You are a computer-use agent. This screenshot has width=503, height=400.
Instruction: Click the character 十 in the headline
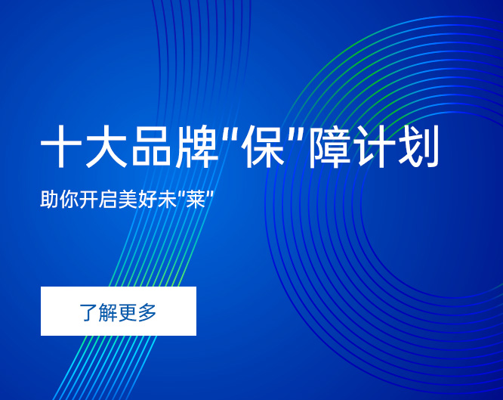61,147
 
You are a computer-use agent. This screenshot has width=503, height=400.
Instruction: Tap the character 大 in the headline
106,147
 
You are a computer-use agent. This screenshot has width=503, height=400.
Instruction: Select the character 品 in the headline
152,147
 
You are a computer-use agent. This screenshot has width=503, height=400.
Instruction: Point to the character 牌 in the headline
197,147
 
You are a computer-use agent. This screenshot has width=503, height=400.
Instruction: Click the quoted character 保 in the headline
264,147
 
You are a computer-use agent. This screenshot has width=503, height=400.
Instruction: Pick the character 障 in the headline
330,147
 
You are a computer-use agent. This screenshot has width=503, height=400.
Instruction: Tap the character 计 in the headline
374,147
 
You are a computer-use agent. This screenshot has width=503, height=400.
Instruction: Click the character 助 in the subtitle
49,199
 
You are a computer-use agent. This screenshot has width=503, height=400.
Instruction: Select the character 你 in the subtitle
69,199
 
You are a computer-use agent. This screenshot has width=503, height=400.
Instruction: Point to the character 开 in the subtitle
88,199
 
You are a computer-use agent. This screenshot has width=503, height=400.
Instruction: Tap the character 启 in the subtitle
108,199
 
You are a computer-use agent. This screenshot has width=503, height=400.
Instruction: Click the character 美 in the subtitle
128,199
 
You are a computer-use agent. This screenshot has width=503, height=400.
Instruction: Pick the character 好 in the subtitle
147,199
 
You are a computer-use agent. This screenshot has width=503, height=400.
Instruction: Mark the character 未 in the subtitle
167,199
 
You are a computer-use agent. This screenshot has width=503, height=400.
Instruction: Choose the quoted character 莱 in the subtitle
196,199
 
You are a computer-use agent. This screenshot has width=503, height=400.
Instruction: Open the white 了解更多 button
119,311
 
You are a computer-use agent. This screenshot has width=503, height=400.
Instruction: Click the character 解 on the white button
108,312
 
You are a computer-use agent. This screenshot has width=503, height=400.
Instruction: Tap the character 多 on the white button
147,312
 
